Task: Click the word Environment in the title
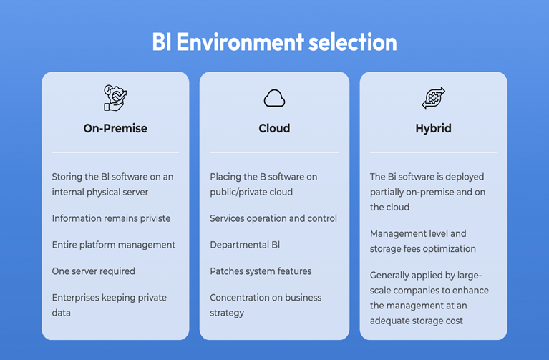tap(241, 42)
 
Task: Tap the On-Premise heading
tap(115, 128)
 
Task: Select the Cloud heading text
tap(274, 128)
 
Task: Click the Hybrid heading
tap(434, 129)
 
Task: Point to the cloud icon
tap(275, 98)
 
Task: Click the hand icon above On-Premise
tap(115, 98)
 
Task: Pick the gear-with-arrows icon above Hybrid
tap(434, 98)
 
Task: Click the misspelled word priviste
tap(155, 218)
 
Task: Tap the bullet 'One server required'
tap(94, 271)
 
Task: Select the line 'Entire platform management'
tap(113, 245)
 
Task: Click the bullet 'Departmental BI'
tap(245, 245)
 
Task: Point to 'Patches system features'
tap(261, 271)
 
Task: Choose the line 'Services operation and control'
tap(273, 218)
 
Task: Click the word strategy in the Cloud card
tap(227, 313)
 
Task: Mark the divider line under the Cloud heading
tap(275, 152)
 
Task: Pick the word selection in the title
tap(353, 42)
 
